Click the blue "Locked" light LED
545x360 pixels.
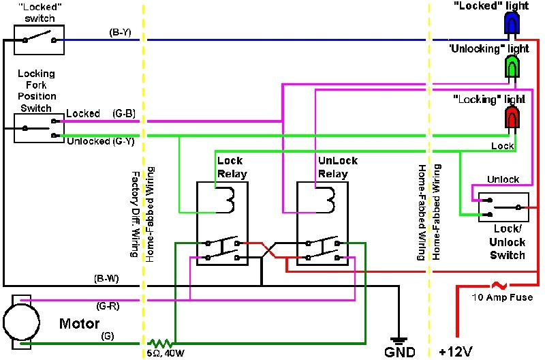click(x=510, y=23)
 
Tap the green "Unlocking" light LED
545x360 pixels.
click(x=510, y=66)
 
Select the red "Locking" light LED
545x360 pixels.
click(x=510, y=117)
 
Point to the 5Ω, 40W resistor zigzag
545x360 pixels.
click(x=161, y=343)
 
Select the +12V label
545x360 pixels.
click(x=456, y=352)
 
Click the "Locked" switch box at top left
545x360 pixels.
click(x=38, y=40)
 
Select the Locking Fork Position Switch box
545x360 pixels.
click(x=38, y=128)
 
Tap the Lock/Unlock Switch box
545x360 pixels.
click(x=503, y=207)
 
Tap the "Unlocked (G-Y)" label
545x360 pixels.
click(x=100, y=141)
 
